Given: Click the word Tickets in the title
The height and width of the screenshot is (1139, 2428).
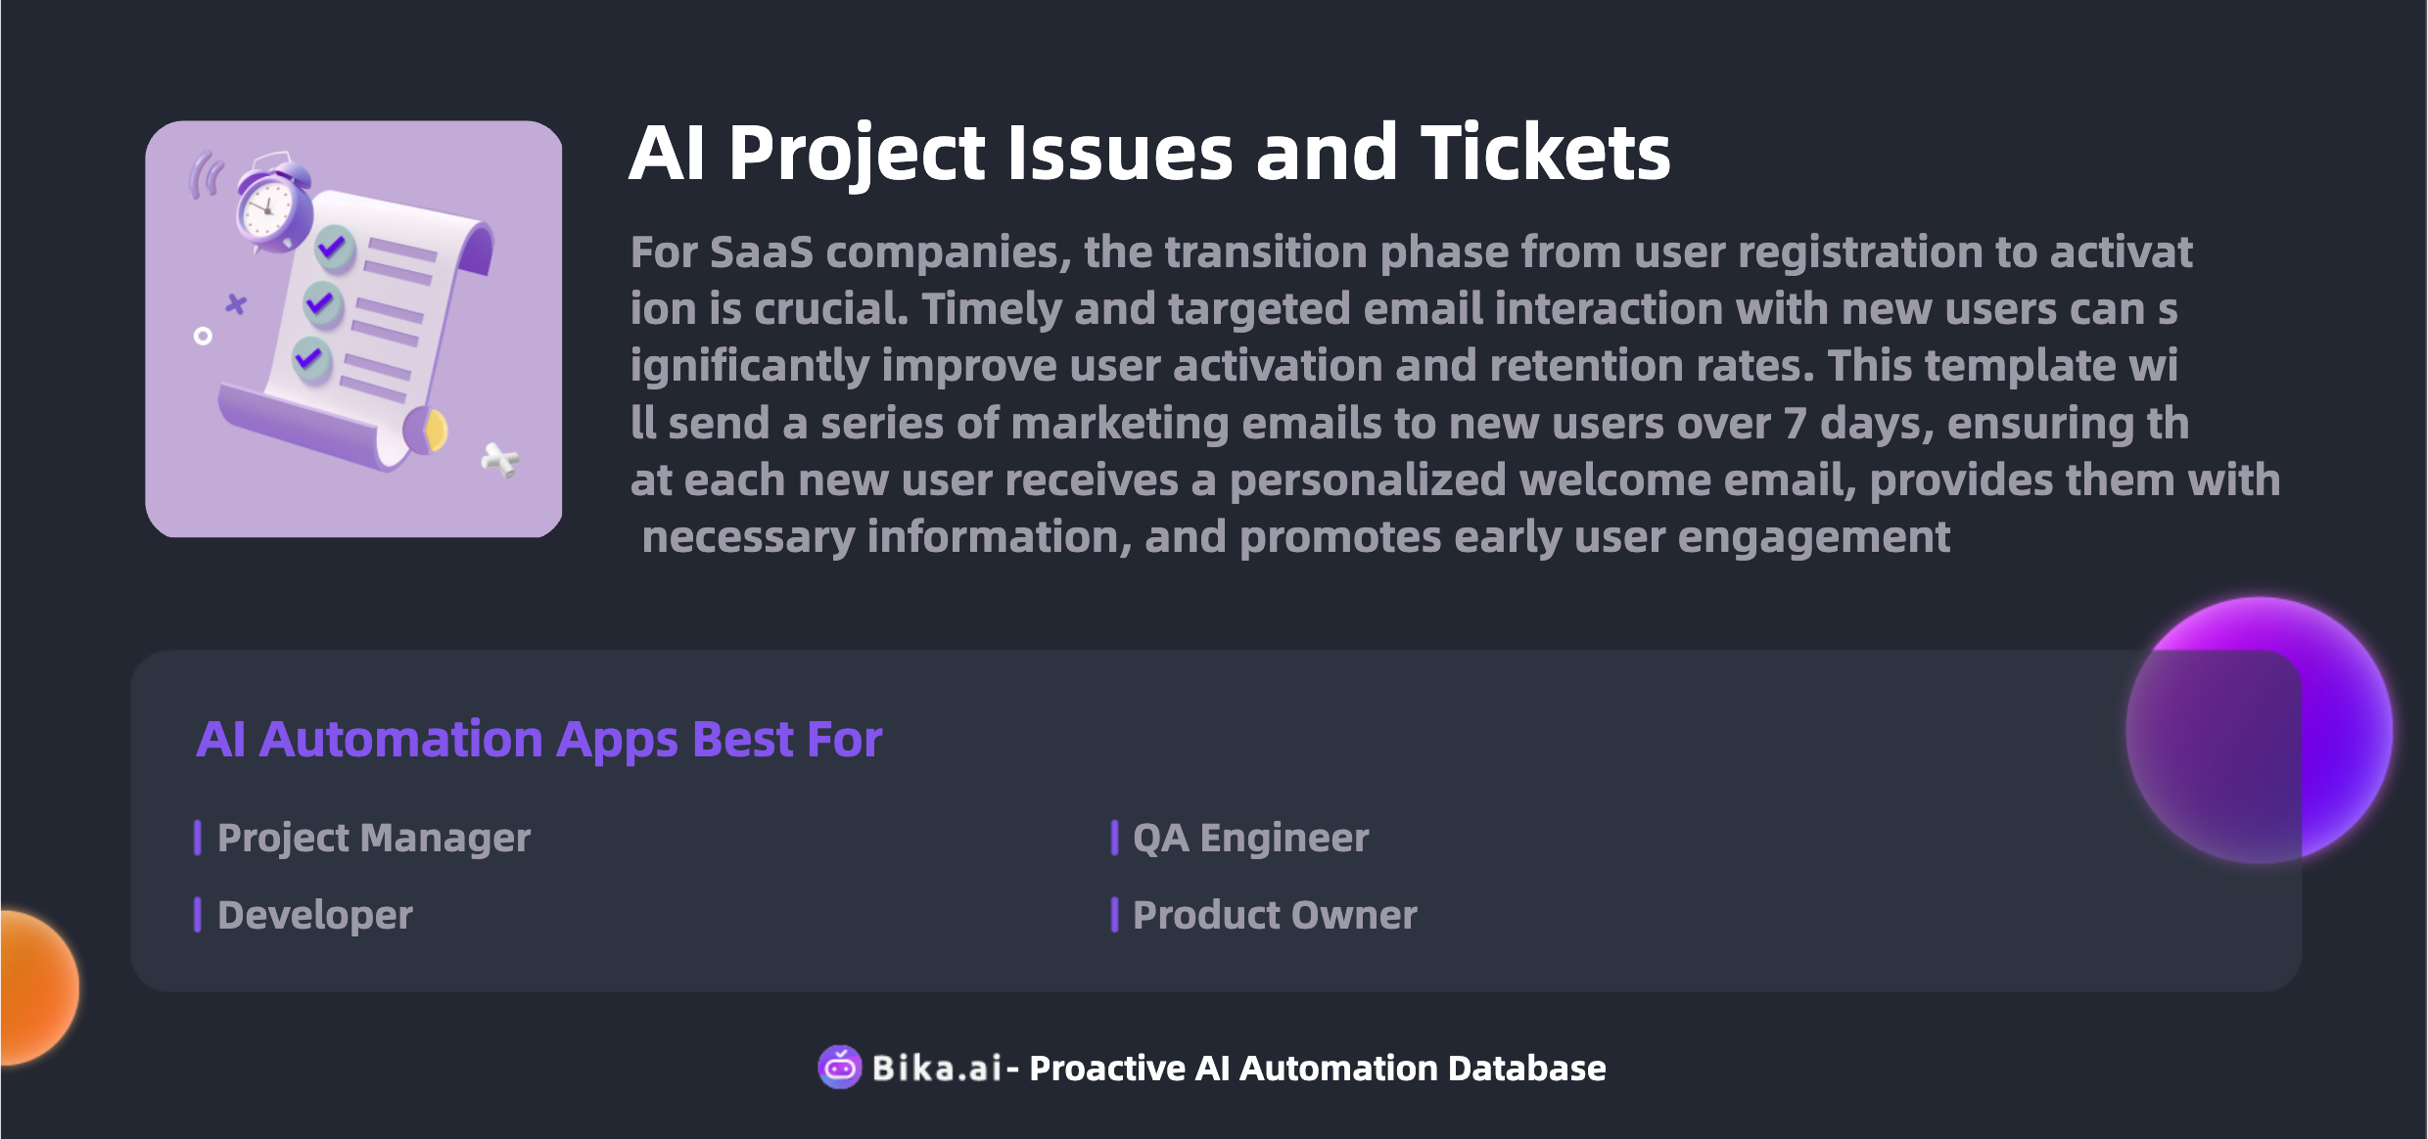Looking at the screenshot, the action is (x=1546, y=153).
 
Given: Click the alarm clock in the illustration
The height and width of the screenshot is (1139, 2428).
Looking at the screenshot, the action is (x=271, y=204).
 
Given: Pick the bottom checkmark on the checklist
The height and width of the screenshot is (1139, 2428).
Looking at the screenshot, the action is (x=312, y=359).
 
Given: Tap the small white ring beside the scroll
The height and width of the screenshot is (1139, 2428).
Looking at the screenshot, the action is (x=203, y=337).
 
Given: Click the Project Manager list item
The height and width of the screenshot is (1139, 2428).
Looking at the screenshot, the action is (x=373, y=838).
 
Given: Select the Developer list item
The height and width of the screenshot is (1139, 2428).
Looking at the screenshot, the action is (x=314, y=915).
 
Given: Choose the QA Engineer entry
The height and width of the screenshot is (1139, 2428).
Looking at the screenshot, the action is (x=1250, y=838).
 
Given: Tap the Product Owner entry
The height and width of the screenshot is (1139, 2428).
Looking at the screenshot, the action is (x=1275, y=915).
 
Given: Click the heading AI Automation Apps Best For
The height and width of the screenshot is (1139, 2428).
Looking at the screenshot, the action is (x=539, y=740).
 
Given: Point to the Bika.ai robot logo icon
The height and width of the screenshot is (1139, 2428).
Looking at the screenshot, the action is (x=840, y=1067).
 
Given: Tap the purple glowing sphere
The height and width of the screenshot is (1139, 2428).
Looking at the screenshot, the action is (x=2260, y=730).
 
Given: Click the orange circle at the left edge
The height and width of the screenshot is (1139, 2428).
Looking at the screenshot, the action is (x=39, y=987).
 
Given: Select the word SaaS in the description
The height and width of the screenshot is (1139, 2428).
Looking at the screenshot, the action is (x=761, y=252).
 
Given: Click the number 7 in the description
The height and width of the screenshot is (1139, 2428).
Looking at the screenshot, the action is (x=1795, y=424).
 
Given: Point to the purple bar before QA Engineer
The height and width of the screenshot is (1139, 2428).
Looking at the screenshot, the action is (x=1114, y=838).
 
